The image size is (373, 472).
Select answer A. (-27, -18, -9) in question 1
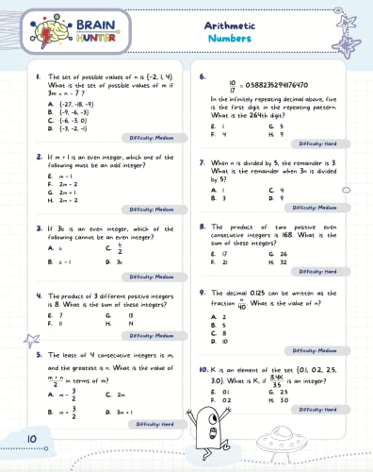64,107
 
